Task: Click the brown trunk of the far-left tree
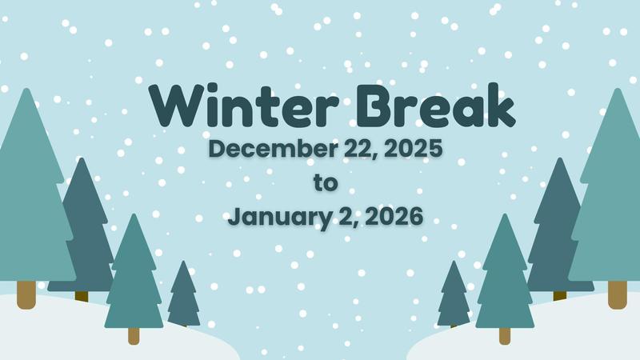point(26,294)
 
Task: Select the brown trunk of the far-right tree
point(617,294)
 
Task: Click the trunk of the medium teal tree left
point(134,335)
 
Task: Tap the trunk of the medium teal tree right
point(505,335)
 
